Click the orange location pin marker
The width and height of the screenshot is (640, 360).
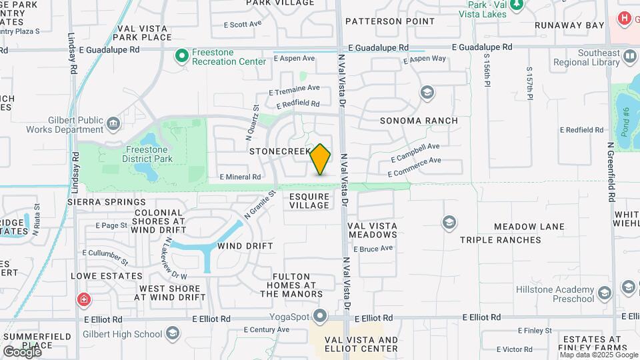pyautogui.click(x=321, y=159)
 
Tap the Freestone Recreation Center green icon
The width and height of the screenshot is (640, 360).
pyautogui.click(x=181, y=56)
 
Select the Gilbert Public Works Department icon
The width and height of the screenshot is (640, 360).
pyautogui.click(x=113, y=123)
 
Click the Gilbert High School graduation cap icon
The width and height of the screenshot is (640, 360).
pyautogui.click(x=173, y=333)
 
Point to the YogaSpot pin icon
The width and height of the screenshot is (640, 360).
pyautogui.click(x=321, y=315)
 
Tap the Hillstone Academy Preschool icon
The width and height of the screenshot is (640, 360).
pyautogui.click(x=604, y=293)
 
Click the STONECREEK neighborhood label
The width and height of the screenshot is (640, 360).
pyautogui.click(x=280, y=151)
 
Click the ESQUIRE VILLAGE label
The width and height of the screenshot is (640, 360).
pyautogui.click(x=309, y=201)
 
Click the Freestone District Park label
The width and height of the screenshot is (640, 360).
pyautogui.click(x=149, y=154)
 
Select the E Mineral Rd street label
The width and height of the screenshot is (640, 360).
pyautogui.click(x=240, y=177)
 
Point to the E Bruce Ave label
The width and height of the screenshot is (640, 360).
pyautogui.click(x=373, y=249)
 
